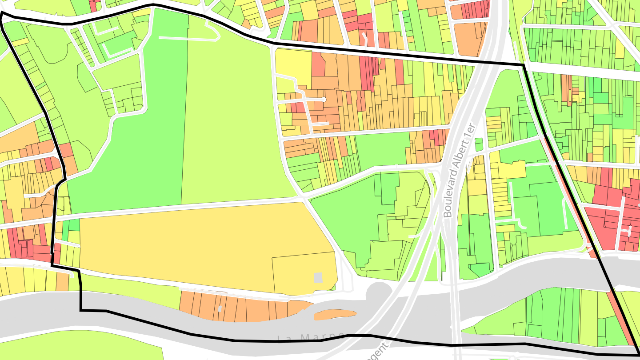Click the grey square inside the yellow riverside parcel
tap(318, 278)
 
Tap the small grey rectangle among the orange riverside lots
tap(220, 308)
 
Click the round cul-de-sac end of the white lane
tap(324, 99)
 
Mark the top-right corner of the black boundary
tap(523, 65)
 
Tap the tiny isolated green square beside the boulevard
tap(479, 144)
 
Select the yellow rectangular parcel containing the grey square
tap(304, 273)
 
